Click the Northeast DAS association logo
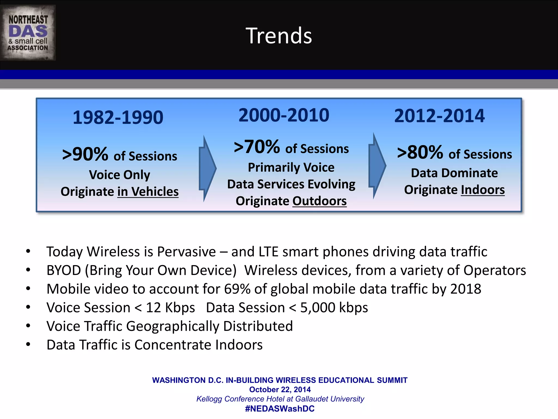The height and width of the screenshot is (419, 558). (28, 33)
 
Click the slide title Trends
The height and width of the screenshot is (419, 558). (279, 36)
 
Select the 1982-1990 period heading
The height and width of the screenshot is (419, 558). (118, 117)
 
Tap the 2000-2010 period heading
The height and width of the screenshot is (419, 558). (284, 115)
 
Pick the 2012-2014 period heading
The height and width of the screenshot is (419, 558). (439, 116)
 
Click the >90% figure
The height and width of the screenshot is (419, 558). (85, 154)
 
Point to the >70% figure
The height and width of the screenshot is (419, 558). (257, 147)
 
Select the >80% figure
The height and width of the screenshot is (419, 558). (420, 152)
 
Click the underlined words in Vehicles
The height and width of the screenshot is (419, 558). (148, 191)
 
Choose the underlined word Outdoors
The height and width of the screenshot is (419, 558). (319, 201)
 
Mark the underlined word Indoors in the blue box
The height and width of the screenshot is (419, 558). (483, 190)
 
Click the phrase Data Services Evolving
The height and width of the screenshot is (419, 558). (291, 184)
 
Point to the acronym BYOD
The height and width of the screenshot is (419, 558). (64, 270)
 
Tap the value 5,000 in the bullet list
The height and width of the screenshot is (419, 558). (318, 308)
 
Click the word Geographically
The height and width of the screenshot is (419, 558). (172, 326)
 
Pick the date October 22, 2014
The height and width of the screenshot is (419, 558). (280, 390)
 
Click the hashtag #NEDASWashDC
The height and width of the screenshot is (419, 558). (280, 409)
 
